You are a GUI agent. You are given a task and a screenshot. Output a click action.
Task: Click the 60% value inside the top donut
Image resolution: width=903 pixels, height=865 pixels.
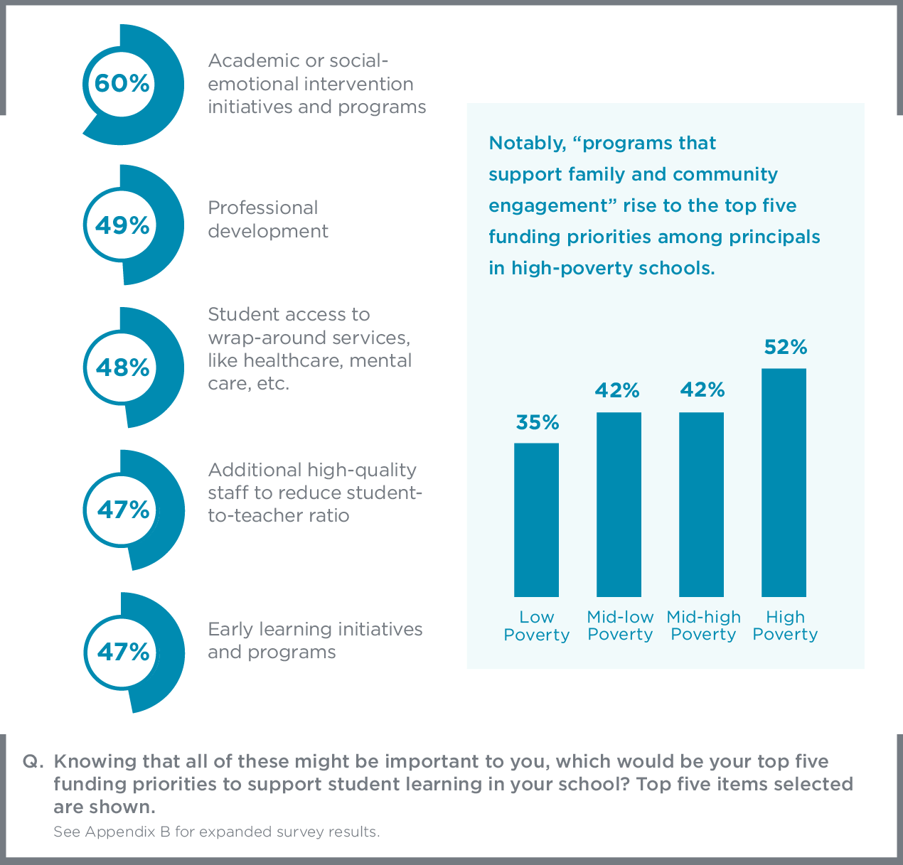pyautogui.click(x=122, y=84)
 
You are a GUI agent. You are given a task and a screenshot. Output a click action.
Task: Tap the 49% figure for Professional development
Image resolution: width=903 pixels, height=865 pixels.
pyautogui.click(x=122, y=225)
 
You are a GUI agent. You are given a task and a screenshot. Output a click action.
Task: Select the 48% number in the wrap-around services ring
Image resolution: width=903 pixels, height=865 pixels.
pyautogui.click(x=122, y=367)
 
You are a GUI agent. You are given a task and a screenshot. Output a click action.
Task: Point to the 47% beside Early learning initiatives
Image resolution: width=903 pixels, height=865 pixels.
pyautogui.click(x=123, y=652)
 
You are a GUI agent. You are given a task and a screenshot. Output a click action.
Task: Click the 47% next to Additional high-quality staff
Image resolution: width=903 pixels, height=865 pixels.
pyautogui.click(x=123, y=510)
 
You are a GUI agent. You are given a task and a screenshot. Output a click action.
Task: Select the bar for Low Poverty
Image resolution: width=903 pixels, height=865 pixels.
pyautogui.click(x=536, y=520)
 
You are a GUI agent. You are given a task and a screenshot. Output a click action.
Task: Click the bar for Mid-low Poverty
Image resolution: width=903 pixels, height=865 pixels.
pyautogui.click(x=619, y=504)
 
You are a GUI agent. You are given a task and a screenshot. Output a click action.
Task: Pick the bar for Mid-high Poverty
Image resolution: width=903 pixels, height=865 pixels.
pyautogui.click(x=701, y=504)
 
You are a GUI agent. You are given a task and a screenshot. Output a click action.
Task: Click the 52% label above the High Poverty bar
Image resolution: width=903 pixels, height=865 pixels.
pyautogui.click(x=785, y=348)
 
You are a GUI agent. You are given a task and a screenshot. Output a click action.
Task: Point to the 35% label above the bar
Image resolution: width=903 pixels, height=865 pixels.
pyautogui.click(x=538, y=423)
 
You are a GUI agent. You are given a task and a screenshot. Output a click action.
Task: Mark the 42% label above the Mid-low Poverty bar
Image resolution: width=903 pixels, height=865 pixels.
pyautogui.click(x=617, y=390)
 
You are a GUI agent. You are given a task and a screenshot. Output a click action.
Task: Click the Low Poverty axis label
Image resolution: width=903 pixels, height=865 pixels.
pyautogui.click(x=536, y=626)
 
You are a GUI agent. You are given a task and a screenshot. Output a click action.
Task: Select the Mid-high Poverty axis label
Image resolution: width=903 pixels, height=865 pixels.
pyautogui.click(x=703, y=626)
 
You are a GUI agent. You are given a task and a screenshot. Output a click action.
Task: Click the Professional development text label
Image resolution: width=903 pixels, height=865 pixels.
pyautogui.click(x=267, y=220)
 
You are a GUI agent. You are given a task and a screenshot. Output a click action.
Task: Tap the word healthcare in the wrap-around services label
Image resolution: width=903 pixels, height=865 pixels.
pyautogui.click(x=284, y=360)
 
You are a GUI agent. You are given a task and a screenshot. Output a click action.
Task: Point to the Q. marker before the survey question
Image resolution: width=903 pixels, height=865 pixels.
pyautogui.click(x=33, y=761)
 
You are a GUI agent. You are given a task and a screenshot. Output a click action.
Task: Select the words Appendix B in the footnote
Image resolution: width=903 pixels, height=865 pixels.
pyautogui.click(x=128, y=832)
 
